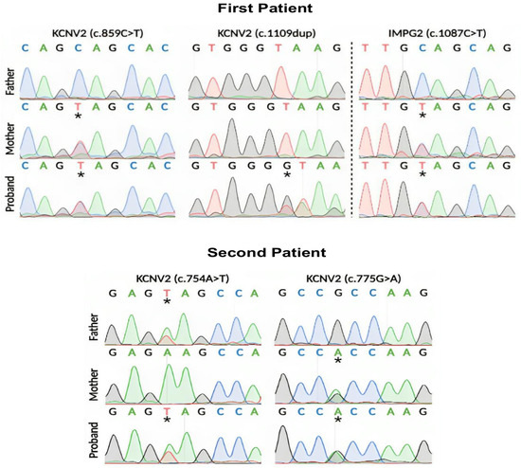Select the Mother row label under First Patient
[x=9, y=142]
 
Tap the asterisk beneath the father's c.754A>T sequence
[x=167, y=302]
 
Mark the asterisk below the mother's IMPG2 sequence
[x=422, y=116]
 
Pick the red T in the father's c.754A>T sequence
[x=167, y=293]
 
